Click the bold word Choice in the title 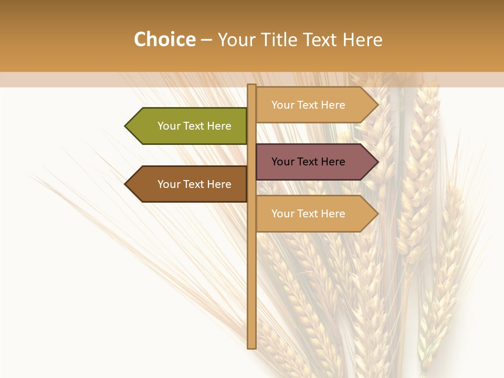[x=164, y=39]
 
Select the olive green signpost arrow [x=189, y=126]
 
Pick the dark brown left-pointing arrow [x=189, y=184]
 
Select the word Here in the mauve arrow [x=332, y=162]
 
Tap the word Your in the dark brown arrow [x=169, y=184]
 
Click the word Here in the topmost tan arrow [x=332, y=105]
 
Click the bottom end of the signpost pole [x=251, y=346]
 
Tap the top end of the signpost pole [x=251, y=86]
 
